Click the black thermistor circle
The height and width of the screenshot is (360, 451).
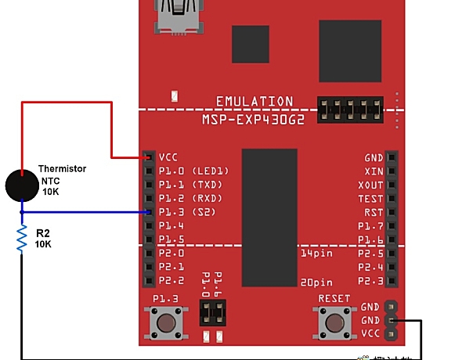pyautogui.click(x=22, y=185)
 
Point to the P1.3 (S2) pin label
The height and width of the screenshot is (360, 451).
pyautogui.click(x=186, y=212)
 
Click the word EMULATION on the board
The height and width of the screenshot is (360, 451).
pyautogui.click(x=255, y=102)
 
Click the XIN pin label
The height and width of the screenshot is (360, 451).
pyautogui.click(x=373, y=171)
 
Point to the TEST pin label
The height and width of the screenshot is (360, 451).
pyautogui.click(x=370, y=199)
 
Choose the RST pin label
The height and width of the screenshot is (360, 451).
pyautogui.click(x=373, y=212)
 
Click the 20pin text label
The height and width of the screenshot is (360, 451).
pyautogui.click(x=316, y=282)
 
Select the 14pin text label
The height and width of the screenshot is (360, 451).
pyautogui.click(x=316, y=254)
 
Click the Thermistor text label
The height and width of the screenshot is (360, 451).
pyautogui.click(x=62, y=169)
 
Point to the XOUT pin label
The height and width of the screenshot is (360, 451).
pyautogui.click(x=370, y=185)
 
